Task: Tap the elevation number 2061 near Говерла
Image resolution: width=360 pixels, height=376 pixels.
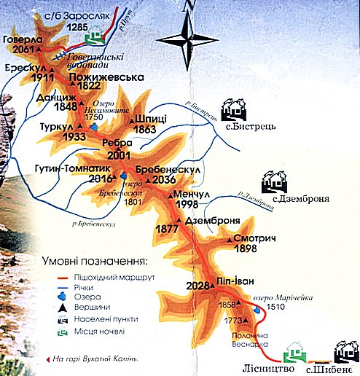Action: (x=24, y=50)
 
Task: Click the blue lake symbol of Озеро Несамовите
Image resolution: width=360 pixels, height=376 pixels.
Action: (x=93, y=128)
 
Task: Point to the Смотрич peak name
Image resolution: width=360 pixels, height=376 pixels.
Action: (x=252, y=238)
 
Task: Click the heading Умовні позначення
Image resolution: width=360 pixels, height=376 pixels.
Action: (x=100, y=260)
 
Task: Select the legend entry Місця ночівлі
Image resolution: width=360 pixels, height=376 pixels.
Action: (x=100, y=332)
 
